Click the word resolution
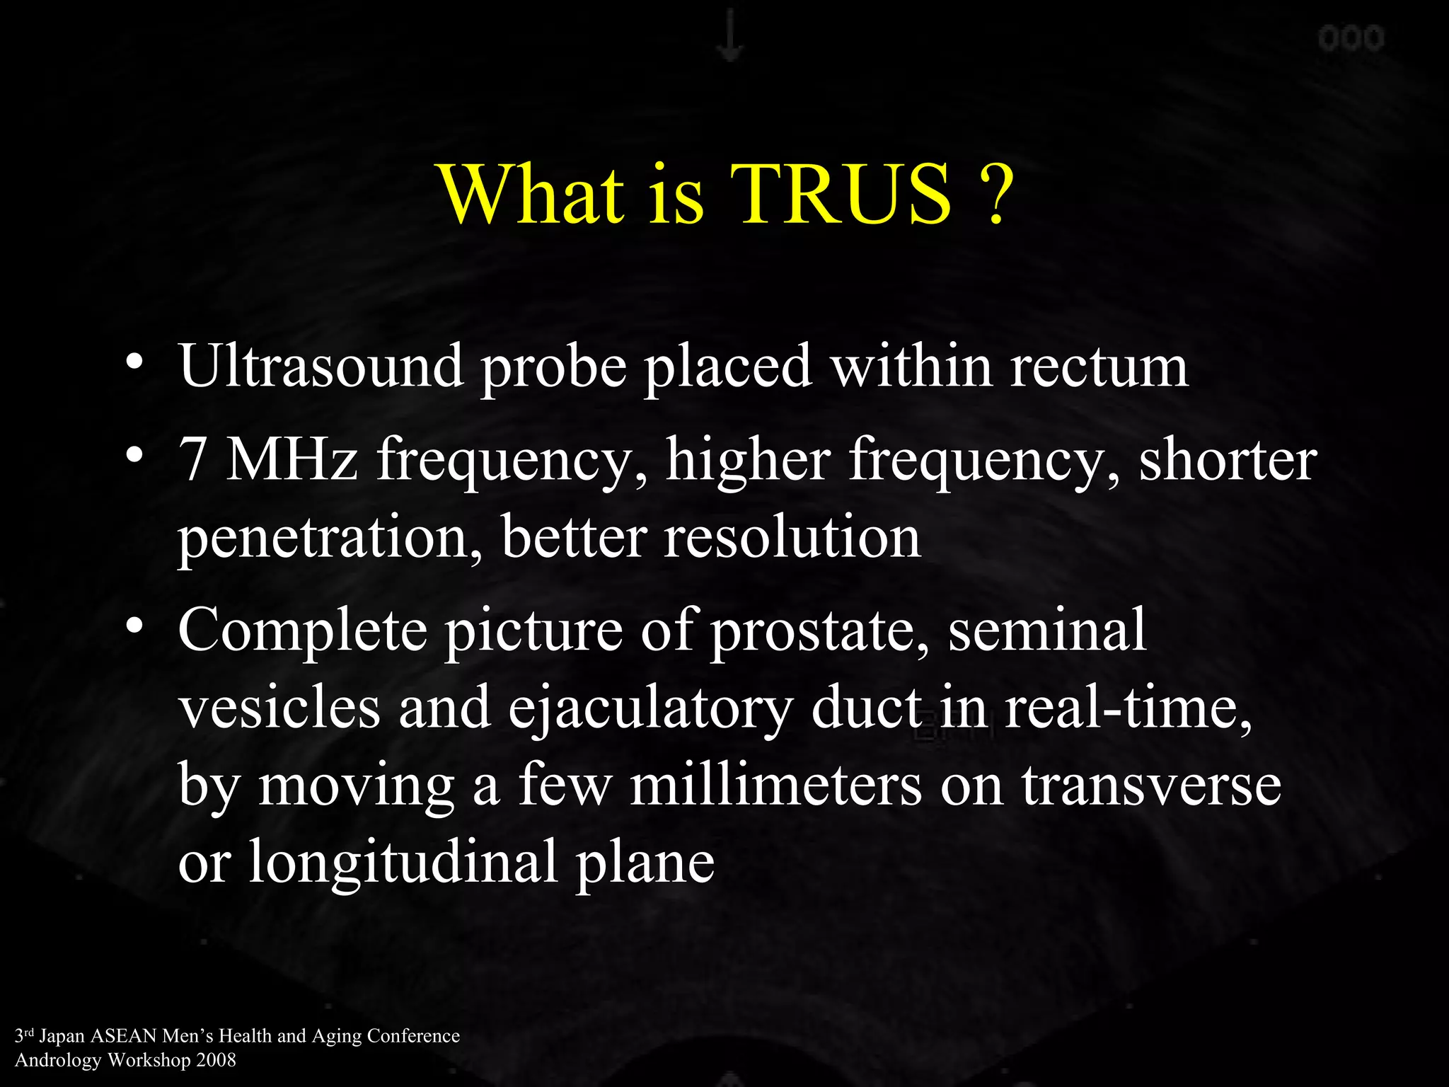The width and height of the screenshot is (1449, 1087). pyautogui.click(x=792, y=538)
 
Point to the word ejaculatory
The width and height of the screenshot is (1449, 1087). pyautogui.click(x=650, y=711)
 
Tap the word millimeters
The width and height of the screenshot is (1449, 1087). pyautogui.click(x=776, y=786)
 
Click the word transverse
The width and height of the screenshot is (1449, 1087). pyautogui.click(x=1151, y=786)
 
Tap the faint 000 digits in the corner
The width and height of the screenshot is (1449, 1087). pyautogui.click(x=1351, y=38)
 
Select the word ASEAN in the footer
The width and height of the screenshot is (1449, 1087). pyautogui.click(x=123, y=1036)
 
